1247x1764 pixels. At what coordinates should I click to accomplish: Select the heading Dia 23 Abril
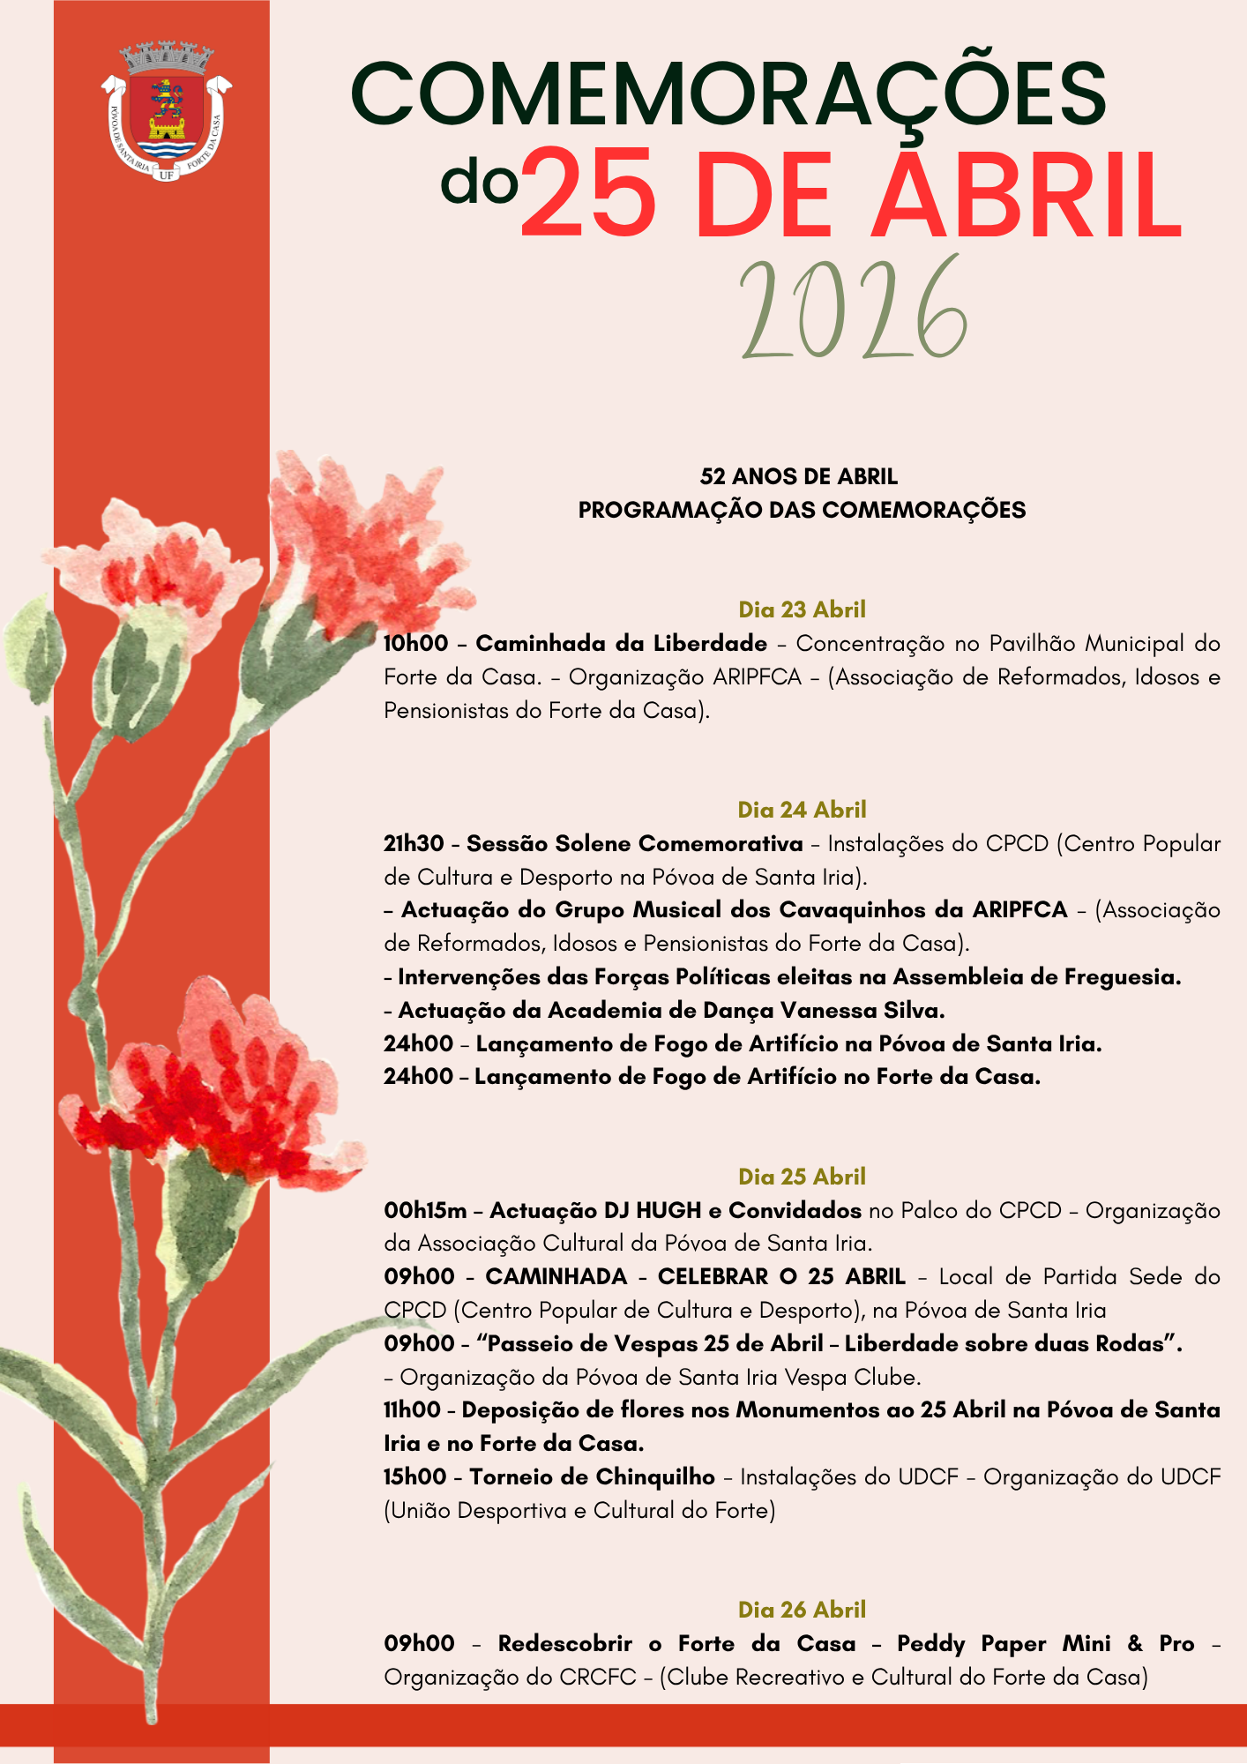[x=802, y=609]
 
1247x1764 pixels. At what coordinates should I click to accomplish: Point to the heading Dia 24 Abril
[x=802, y=810]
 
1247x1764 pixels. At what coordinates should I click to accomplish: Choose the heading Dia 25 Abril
[x=802, y=1177]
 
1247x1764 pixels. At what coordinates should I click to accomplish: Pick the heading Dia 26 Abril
[x=802, y=1610]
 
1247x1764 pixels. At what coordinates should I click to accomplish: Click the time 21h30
[x=414, y=844]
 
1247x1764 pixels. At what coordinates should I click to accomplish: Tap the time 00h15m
[x=425, y=1211]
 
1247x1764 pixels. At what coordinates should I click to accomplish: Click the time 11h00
[x=412, y=1410]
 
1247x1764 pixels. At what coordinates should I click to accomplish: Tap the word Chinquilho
[x=654, y=1477]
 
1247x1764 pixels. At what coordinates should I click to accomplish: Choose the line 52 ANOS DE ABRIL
[x=798, y=477]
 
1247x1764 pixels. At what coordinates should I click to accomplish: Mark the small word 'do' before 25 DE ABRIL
[x=479, y=182]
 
